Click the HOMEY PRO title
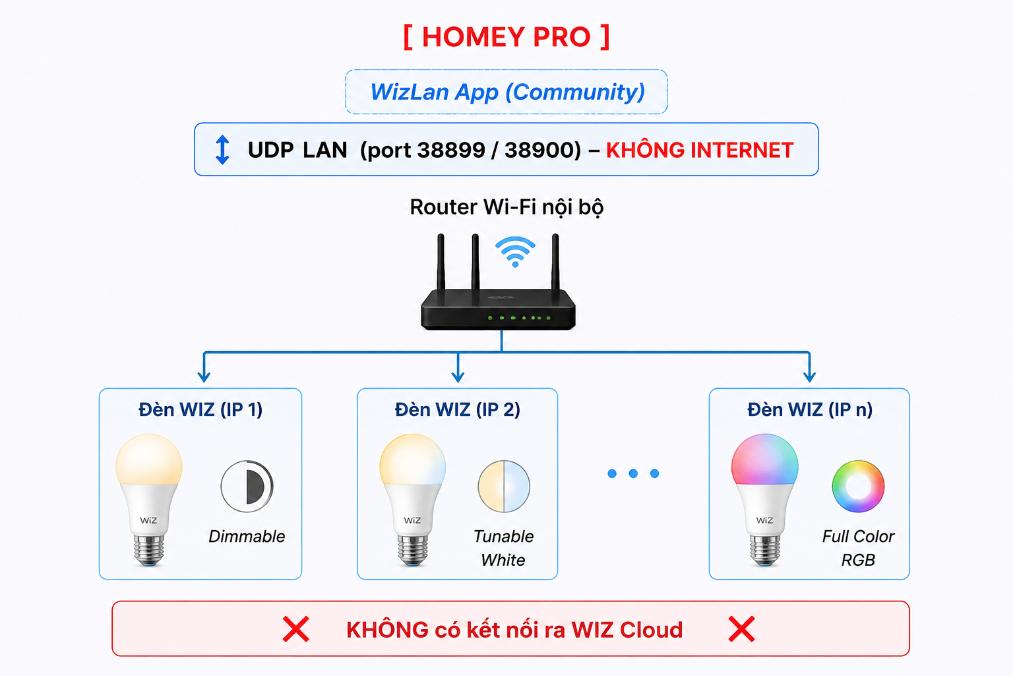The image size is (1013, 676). coord(506,37)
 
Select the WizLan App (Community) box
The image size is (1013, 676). coord(506,92)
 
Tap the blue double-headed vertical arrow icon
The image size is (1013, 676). coord(222,149)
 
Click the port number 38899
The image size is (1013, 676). coord(449,150)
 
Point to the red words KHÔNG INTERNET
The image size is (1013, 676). coord(700,150)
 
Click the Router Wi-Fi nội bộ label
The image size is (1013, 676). coord(506,207)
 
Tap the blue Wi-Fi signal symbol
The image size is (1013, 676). coord(515,252)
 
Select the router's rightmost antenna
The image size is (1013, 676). coord(556,263)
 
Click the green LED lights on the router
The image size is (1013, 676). coord(519,318)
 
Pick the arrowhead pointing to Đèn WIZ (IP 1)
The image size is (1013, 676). coord(204,377)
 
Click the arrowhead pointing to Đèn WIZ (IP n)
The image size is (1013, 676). coord(809,377)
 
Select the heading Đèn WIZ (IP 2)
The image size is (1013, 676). coord(458,409)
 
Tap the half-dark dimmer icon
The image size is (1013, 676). coord(247,487)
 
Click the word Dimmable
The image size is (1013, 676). coord(247,536)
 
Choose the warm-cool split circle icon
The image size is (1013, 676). coord(504,487)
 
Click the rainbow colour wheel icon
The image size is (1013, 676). coord(858,487)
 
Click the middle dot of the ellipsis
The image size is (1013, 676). coord(633,473)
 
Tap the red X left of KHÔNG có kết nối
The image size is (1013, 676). coord(296,629)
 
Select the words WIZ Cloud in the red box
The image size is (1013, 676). coord(627,630)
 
